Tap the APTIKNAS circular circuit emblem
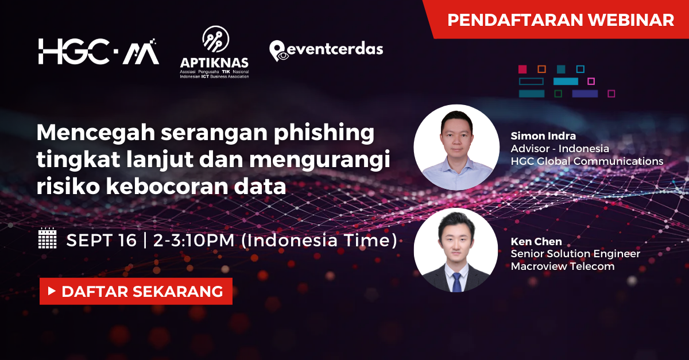(x=216, y=39)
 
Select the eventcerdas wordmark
(x=334, y=49)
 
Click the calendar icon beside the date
(x=47, y=238)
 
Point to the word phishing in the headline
(x=324, y=134)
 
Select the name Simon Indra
(x=543, y=136)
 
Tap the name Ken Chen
(x=536, y=242)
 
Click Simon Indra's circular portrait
(x=456, y=147)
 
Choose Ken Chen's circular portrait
(x=456, y=250)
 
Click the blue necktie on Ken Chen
(x=457, y=282)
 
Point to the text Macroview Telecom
(x=563, y=266)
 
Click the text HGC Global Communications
(x=587, y=161)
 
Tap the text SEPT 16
(x=102, y=240)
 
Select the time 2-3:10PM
(x=194, y=240)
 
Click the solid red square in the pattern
(x=522, y=69)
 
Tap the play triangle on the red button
(x=52, y=291)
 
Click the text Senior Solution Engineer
(x=575, y=254)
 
